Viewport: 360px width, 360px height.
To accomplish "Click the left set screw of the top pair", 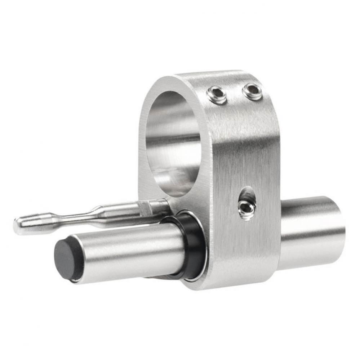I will (x=217, y=95).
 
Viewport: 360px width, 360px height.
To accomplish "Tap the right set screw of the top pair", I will (x=252, y=91).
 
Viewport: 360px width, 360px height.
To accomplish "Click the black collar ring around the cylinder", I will (x=191, y=245).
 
